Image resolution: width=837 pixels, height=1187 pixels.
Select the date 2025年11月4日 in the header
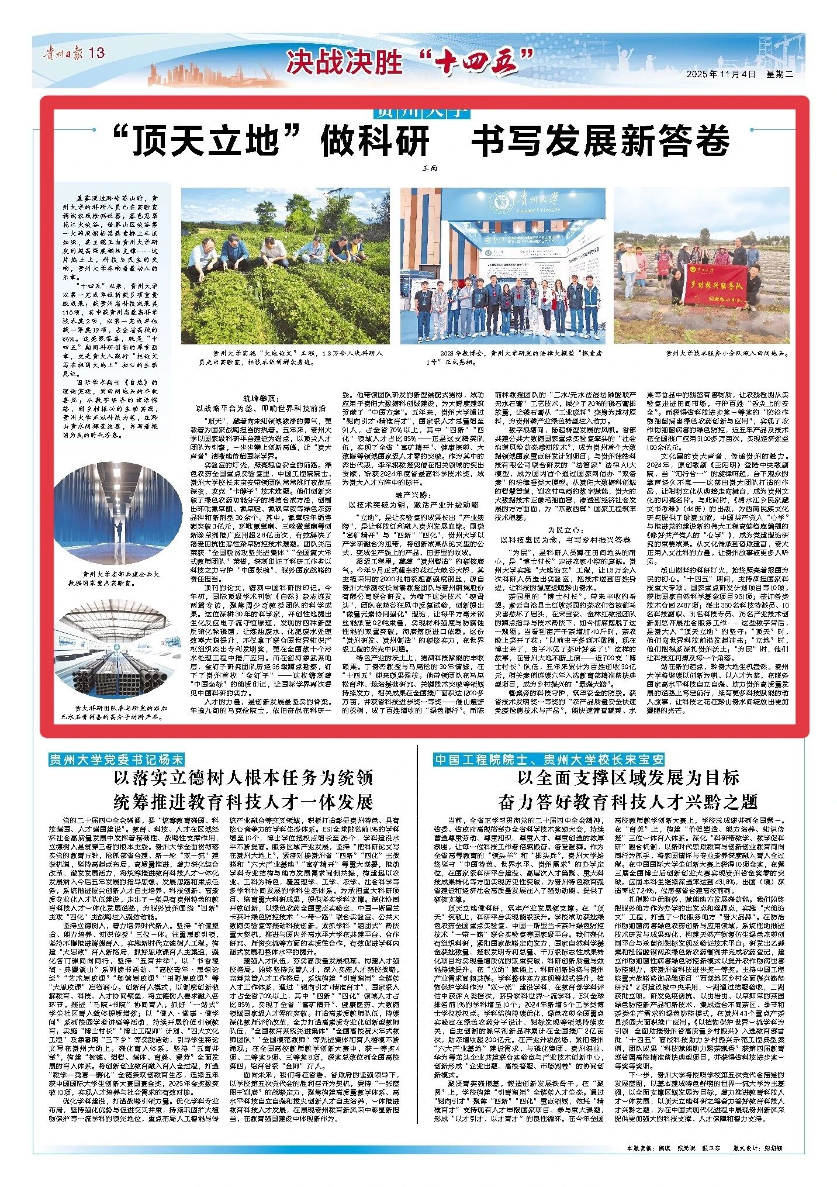(x=722, y=74)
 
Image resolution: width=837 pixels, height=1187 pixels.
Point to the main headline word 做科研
(x=375, y=140)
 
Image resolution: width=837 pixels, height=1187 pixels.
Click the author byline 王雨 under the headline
(x=429, y=168)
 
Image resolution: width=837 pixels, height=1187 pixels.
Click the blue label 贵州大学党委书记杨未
(x=116, y=760)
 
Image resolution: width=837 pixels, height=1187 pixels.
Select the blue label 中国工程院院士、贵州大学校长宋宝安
(x=549, y=760)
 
